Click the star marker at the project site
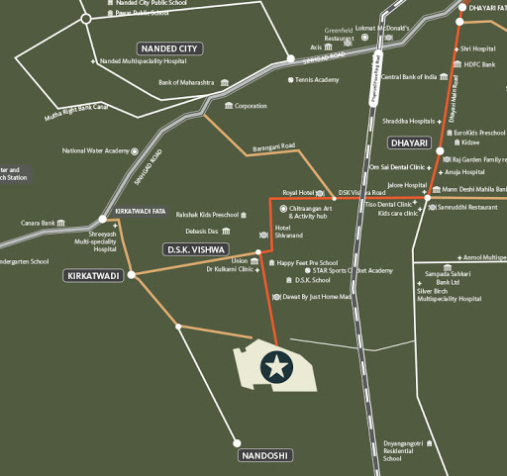coord(275,367)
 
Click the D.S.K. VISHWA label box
coord(196,248)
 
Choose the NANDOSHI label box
coord(265,455)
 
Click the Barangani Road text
coord(274,146)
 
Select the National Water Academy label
coord(96,151)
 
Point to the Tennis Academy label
coord(317,81)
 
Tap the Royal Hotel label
coord(298,192)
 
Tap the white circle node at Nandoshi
coord(237,442)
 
